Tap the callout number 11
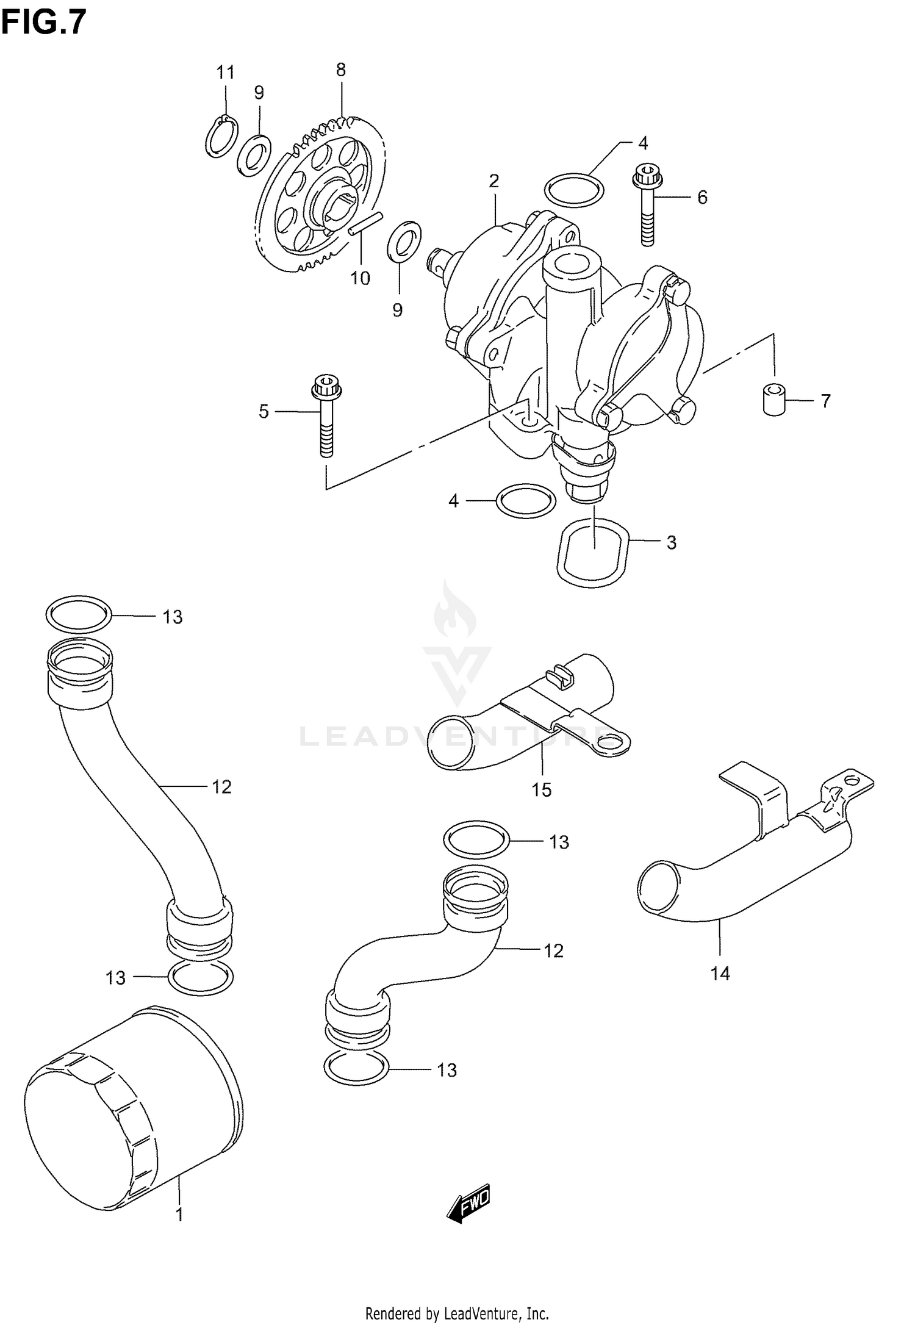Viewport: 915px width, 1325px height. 226,73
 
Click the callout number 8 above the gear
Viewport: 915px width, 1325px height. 341,70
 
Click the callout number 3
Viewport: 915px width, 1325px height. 672,542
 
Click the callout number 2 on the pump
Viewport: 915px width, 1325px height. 494,181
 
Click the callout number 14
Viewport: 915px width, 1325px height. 720,973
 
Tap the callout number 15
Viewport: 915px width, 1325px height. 541,789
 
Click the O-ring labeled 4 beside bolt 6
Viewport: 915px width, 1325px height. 573,190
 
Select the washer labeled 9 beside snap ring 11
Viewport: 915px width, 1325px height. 254,155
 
